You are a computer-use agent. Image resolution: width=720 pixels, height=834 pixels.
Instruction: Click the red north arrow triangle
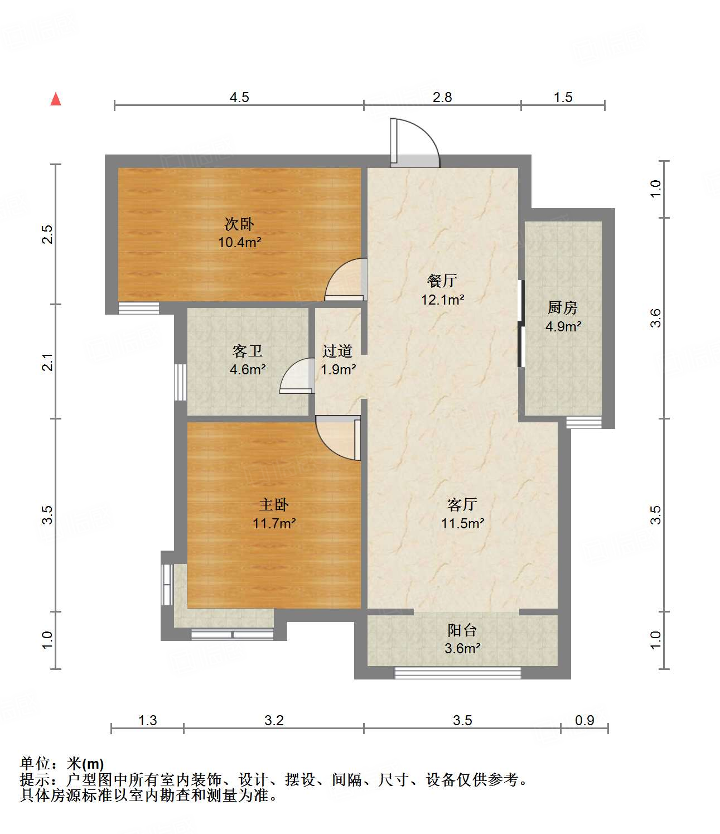click(x=56, y=99)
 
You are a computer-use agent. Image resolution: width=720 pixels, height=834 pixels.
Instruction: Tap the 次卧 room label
click(x=239, y=224)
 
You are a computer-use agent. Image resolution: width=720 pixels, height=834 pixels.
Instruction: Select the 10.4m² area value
click(x=239, y=243)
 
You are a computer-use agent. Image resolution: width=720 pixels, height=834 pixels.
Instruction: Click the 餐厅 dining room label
click(x=442, y=281)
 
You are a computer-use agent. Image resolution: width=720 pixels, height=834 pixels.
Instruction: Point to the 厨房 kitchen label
click(x=562, y=307)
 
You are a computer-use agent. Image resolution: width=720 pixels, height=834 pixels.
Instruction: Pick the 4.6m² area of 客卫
click(x=248, y=369)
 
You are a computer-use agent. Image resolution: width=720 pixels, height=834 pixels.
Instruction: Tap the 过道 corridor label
click(x=337, y=351)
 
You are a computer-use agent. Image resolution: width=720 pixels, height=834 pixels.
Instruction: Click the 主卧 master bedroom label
click(x=274, y=505)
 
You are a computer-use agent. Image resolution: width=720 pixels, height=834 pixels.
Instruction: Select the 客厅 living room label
click(x=462, y=505)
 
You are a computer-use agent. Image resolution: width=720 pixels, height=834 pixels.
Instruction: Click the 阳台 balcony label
click(x=462, y=630)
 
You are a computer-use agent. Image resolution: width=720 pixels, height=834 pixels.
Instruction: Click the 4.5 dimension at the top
click(x=239, y=98)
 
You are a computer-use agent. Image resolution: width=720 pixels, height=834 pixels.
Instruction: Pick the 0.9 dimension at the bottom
click(x=584, y=720)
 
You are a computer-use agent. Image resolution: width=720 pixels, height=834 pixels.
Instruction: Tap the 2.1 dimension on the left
click(x=49, y=362)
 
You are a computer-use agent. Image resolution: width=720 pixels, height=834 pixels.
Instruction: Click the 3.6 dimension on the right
click(x=656, y=318)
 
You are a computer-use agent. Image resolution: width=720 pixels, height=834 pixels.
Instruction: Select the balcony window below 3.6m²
click(x=457, y=673)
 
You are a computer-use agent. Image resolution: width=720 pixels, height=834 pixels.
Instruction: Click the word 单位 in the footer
click(x=35, y=764)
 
